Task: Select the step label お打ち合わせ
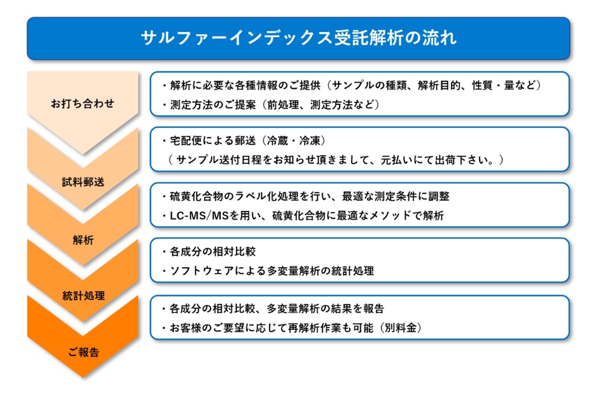[82, 103]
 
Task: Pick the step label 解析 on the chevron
[83, 240]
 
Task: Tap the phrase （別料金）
[399, 328]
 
